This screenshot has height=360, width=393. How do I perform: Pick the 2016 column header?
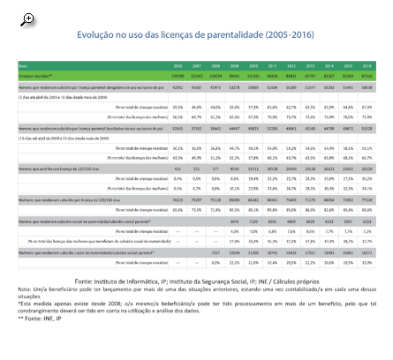coord(367,65)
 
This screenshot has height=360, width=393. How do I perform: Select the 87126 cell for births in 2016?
coord(367,77)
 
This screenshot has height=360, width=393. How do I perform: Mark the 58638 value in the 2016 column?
coord(367,87)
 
